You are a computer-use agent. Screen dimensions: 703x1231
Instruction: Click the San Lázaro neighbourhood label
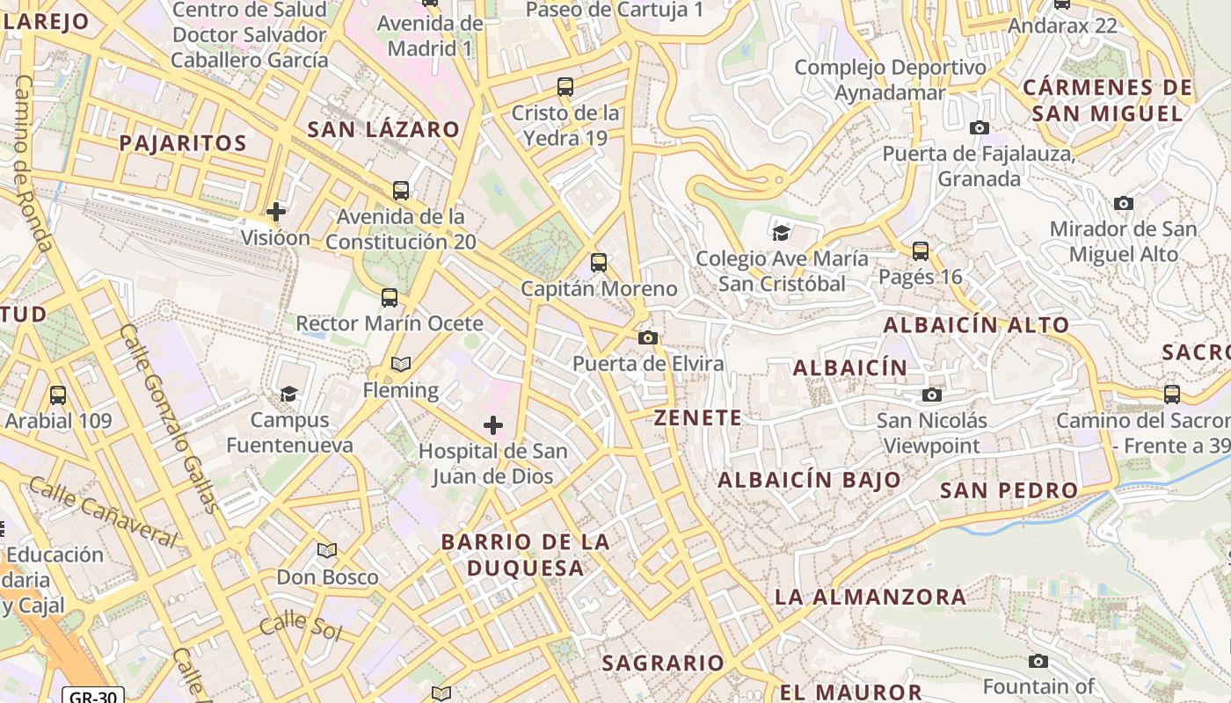(383, 129)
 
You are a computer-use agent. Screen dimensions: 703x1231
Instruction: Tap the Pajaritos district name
(182, 143)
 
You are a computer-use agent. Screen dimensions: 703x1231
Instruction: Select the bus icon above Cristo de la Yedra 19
(565, 87)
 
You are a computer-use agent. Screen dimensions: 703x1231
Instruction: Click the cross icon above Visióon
(276, 212)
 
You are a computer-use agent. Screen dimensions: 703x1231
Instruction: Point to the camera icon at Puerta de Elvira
(648, 337)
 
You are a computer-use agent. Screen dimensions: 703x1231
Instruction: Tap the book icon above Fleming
(401, 364)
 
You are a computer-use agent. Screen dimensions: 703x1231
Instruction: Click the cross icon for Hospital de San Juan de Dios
(493, 426)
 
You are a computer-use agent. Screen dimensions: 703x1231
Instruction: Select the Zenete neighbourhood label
(698, 417)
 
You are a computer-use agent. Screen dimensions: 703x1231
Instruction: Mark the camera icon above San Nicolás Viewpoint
(932, 395)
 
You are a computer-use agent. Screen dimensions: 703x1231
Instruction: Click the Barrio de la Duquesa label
(526, 554)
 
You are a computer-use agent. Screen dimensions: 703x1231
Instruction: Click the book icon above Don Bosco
(327, 551)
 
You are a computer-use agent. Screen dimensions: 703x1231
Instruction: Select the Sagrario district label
(663, 663)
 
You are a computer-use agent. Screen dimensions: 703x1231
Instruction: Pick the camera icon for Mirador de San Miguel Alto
(1124, 204)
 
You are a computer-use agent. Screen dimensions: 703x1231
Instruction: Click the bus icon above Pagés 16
(921, 251)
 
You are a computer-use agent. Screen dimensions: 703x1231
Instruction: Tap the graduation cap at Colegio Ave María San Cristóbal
(781, 233)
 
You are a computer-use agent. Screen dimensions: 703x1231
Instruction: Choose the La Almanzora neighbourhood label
(870, 597)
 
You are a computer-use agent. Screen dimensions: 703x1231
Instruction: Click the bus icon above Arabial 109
(58, 395)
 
